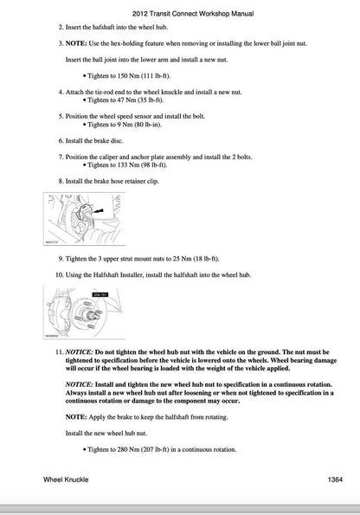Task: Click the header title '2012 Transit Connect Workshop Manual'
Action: pyautogui.click(x=179, y=16)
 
